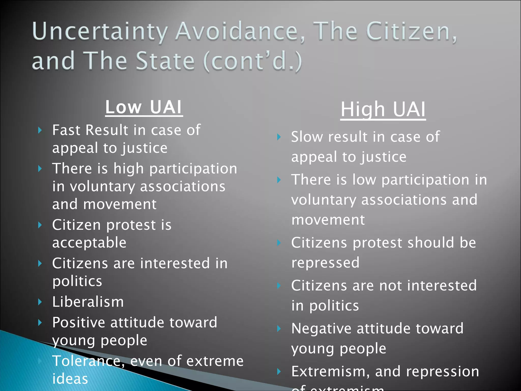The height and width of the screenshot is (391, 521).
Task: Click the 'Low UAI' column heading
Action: click(144, 107)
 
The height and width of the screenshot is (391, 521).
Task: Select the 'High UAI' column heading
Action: click(383, 109)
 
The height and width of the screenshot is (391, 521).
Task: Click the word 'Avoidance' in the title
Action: click(237, 32)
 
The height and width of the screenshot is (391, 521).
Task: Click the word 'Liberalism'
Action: click(88, 302)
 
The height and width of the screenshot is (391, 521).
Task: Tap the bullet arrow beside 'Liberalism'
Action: click(40, 302)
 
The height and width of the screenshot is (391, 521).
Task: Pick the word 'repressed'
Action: click(325, 263)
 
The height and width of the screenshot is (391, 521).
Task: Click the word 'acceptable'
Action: click(89, 243)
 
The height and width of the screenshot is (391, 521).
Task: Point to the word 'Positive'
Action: click(79, 323)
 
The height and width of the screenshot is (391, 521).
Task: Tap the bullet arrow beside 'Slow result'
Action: click(279, 137)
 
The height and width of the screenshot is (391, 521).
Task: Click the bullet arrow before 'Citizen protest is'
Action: click(40, 225)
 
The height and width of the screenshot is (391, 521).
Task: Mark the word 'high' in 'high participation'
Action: click(128, 169)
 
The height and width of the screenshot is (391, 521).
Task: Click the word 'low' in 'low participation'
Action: click(364, 180)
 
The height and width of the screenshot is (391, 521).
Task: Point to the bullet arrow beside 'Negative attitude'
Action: click(279, 329)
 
